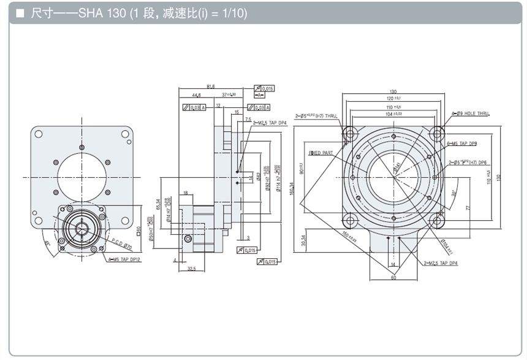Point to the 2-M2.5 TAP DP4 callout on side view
pyautogui.click(x=270, y=123)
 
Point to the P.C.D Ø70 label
pyautogui.click(x=126, y=245)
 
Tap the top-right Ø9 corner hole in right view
pyautogui.click(x=437, y=132)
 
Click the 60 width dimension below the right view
pyautogui.click(x=392, y=278)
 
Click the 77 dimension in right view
pyautogui.click(x=468, y=208)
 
